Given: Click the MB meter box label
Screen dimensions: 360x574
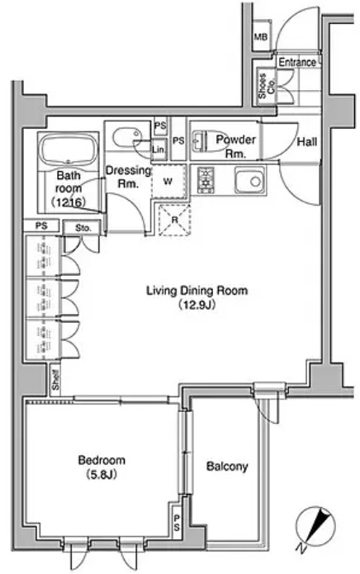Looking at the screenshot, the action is pos(261,37).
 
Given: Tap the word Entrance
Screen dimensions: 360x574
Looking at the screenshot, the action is pos(296,62).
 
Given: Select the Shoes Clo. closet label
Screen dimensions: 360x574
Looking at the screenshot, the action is pos(266,86).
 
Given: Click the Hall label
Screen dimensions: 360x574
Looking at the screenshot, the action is pos(306,141).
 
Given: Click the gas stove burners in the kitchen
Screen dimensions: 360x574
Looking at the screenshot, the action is pos(206,179).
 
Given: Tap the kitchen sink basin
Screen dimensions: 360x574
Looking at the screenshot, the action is pos(250,180).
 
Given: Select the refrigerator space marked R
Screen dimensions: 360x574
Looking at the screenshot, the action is pos(174,220).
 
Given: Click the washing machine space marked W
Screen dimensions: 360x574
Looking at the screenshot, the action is pos(168,181).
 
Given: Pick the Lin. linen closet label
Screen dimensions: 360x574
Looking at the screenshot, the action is pos(159,149).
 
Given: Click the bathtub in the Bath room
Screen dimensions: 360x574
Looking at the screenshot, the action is pos(69,150).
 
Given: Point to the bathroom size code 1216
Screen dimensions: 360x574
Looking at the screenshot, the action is pos(69,202).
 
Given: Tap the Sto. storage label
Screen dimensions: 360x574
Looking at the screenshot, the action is pos(83,228).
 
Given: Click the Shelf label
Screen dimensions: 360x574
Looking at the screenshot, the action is pos(55,380).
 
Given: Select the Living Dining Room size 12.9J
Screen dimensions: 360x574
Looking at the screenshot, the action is pos(197,305).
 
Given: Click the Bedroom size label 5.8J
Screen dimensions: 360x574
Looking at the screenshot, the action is pos(102,475).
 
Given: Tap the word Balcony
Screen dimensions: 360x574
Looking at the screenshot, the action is pos(227,467).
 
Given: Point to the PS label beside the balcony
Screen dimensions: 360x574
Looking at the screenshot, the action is pos(177,523).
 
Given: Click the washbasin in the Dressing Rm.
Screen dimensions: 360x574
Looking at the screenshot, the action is pos(126,138).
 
